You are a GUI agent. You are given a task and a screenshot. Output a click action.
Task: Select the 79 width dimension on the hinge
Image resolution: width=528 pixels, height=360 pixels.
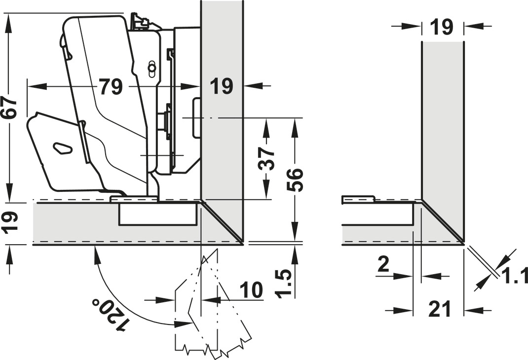[111, 87]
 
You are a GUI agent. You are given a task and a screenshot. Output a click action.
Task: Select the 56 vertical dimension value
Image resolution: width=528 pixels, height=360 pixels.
[295, 180]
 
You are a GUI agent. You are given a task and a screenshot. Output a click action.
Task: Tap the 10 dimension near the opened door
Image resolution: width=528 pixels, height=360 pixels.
[252, 290]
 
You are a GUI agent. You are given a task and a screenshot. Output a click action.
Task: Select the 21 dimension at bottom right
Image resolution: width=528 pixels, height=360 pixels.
[439, 310]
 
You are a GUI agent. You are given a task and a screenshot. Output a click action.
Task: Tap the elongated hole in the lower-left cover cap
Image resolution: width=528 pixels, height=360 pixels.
[62, 147]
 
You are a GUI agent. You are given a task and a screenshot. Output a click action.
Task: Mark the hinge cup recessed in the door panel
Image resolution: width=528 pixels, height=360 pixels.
[158, 215]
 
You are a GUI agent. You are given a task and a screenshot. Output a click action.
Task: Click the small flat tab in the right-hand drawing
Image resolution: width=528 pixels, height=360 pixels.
[358, 199]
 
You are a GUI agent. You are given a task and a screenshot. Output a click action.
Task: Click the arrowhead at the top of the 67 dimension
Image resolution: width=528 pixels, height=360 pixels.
[8, 20]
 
